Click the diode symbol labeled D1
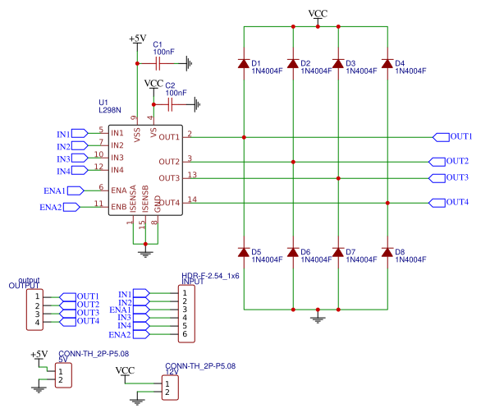pos(243,63)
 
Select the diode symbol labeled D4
pos(387,63)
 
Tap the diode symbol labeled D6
pos(293,252)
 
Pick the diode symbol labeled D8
pos(387,252)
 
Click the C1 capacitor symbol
pos(158,62)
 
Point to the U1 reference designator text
pos(104,102)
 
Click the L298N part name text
pos(110,110)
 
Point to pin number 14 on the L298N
pos(192,199)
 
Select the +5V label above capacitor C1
pos(137,39)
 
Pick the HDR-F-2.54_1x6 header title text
pos(210,277)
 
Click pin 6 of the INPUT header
pos(186,334)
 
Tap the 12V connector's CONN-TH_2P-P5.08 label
pos(195,365)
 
